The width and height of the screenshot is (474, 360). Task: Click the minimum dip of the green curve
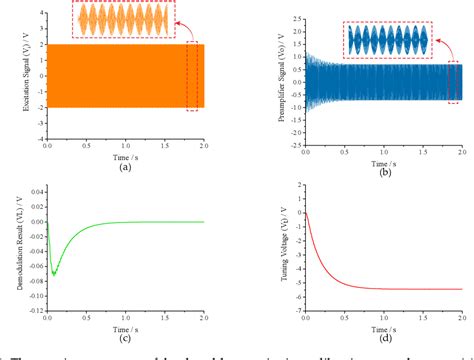coord(55,273)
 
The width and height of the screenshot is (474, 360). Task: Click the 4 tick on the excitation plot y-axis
coord(38,13)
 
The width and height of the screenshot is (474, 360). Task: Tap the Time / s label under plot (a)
coord(125,156)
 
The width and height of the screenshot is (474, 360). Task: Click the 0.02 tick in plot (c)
coord(35,207)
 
